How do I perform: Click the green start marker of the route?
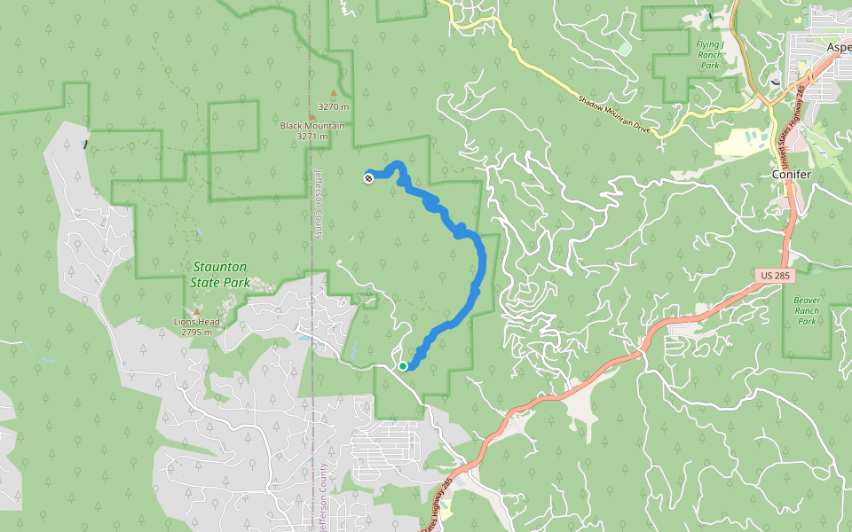(x=403, y=365)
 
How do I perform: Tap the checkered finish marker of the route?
(x=367, y=177)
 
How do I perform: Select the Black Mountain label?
(x=312, y=126)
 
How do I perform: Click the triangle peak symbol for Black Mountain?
(x=312, y=116)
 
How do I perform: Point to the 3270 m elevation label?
(x=334, y=107)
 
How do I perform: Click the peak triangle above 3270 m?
(x=334, y=92)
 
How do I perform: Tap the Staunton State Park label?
(x=218, y=275)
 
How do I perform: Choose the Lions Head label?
(x=197, y=322)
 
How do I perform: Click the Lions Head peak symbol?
(x=197, y=311)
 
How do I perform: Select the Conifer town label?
(x=791, y=175)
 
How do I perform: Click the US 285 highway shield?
(x=775, y=277)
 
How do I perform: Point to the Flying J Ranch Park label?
(x=709, y=55)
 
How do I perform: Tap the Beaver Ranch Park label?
(x=806, y=311)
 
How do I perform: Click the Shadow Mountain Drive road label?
(x=614, y=114)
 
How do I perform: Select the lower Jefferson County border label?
(x=323, y=497)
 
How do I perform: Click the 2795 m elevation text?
(x=197, y=332)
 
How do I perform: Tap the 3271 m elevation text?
(x=312, y=137)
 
